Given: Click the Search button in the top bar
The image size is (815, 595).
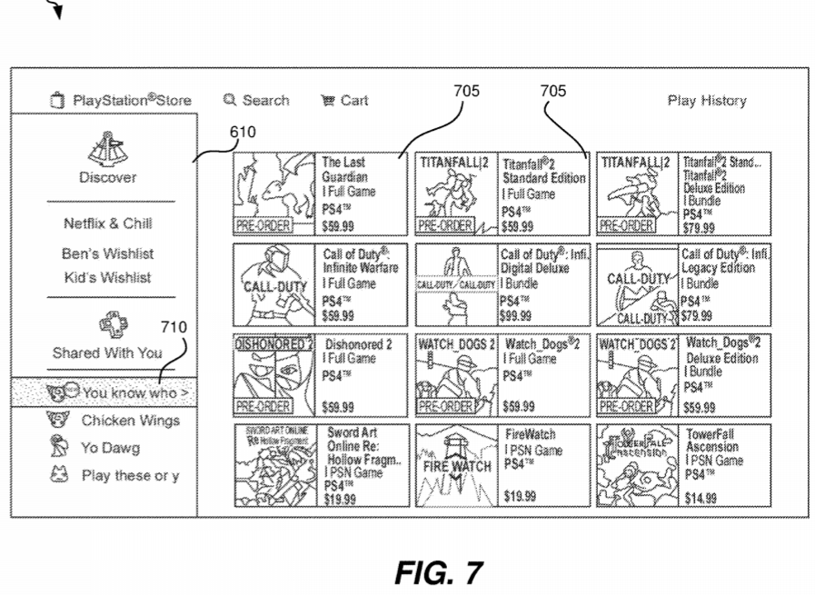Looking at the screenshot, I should tap(256, 101).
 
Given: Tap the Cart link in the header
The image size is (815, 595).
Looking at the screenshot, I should tap(344, 101).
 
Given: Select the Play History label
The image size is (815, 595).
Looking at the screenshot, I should tap(706, 101).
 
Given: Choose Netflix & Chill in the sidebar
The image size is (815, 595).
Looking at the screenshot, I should tap(108, 223).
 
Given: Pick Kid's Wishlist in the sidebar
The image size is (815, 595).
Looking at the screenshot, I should tap(108, 277).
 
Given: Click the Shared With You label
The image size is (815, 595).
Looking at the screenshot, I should tap(107, 353).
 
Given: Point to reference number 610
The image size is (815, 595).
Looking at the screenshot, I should tap(242, 133).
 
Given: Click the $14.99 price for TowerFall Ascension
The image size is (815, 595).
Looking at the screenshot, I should tap(701, 497).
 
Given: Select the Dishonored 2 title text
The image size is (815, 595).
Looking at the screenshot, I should tap(358, 345).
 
